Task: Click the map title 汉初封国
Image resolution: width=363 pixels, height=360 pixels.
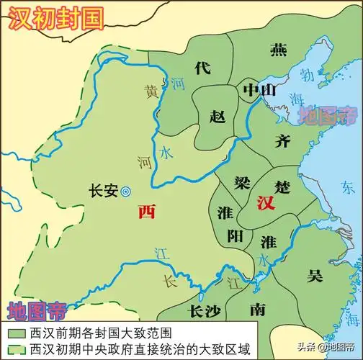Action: (x=54, y=17)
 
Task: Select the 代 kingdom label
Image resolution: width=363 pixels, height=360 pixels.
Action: (x=202, y=68)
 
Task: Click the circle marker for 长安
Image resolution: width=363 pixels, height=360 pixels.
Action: (x=125, y=192)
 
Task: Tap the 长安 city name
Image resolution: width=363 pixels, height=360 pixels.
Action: (x=101, y=192)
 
